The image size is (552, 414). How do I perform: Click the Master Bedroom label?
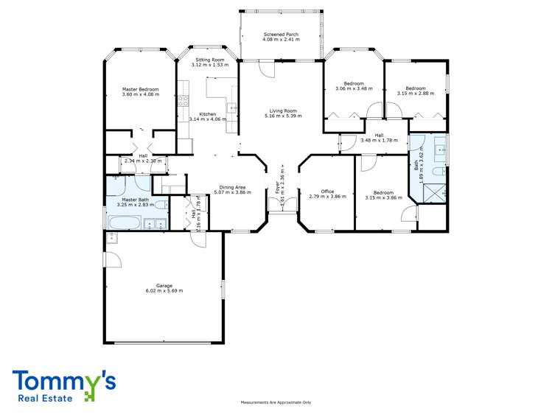pos(140,89)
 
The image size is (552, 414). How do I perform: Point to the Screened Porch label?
pos(281,35)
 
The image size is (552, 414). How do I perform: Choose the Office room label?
pos(326,192)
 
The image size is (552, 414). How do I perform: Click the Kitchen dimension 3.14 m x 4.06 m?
pos(208,119)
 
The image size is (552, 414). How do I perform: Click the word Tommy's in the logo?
pos(63,381)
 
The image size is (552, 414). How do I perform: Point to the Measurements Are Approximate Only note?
pos(276,402)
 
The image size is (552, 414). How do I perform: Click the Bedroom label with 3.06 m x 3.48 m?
pos(354,89)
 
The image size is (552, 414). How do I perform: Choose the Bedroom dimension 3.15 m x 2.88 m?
pos(416,94)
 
